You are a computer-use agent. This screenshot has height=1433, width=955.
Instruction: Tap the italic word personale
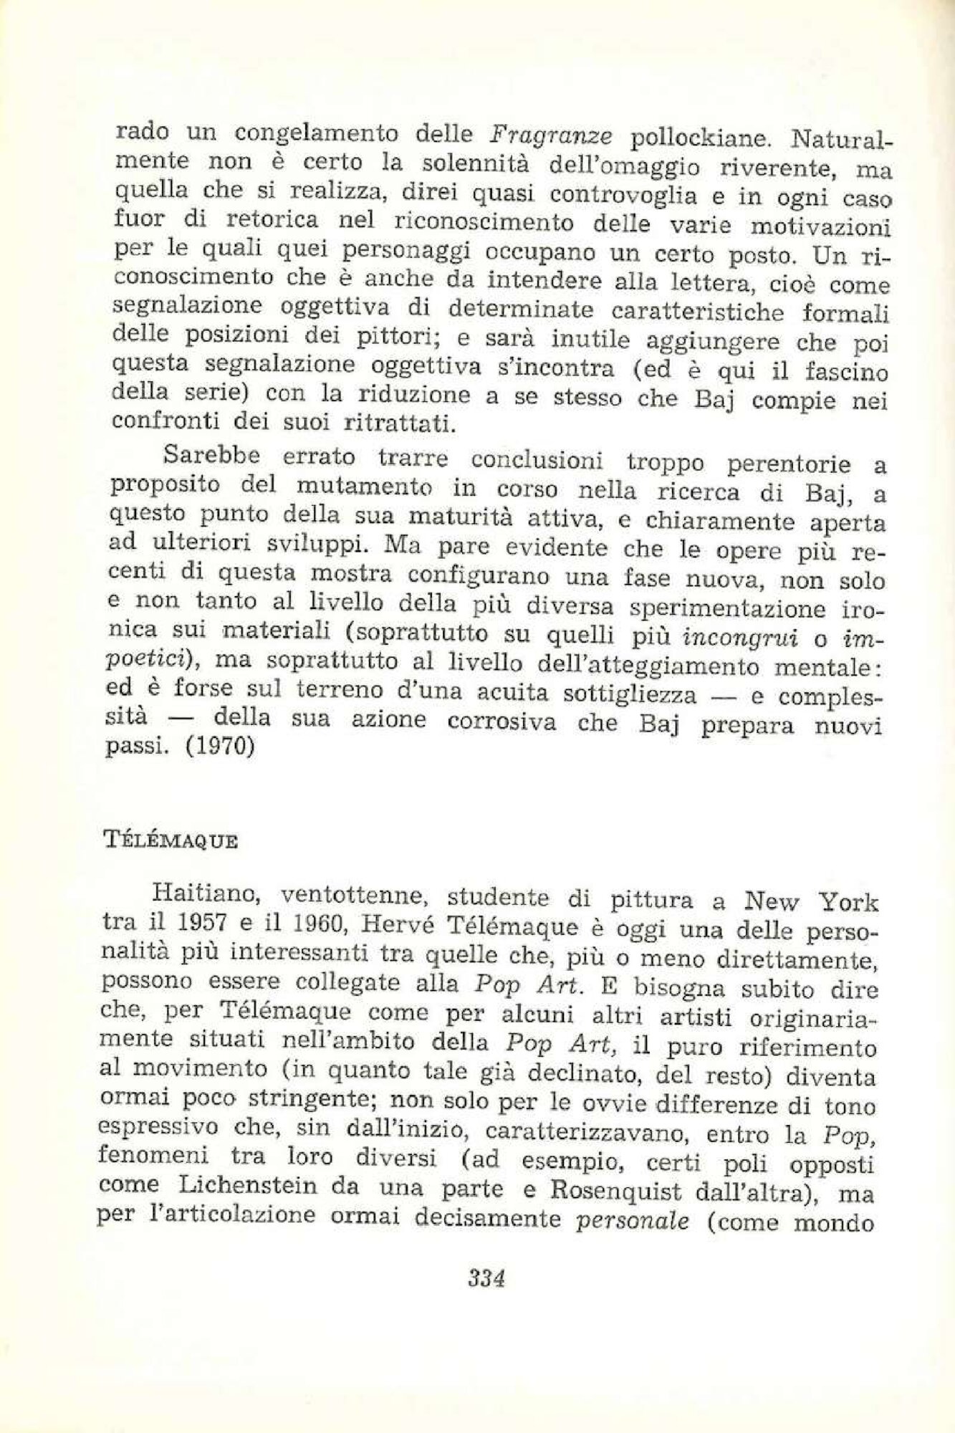click(632, 1221)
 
